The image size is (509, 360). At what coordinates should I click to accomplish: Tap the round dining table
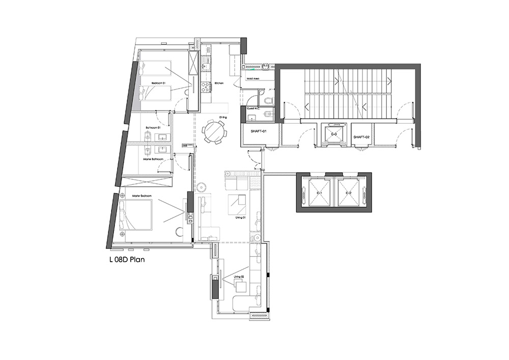point(215,132)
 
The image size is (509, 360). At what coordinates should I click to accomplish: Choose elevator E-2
point(349,193)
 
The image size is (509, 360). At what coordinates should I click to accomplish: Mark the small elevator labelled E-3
point(334,134)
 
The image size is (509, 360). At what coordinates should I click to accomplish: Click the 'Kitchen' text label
point(219,83)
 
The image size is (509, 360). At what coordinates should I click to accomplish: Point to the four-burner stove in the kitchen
point(207,87)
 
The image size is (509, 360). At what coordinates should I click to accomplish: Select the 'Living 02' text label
point(239,277)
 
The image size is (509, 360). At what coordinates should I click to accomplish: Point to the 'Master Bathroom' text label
point(153,159)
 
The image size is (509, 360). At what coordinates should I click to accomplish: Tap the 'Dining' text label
point(223,118)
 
